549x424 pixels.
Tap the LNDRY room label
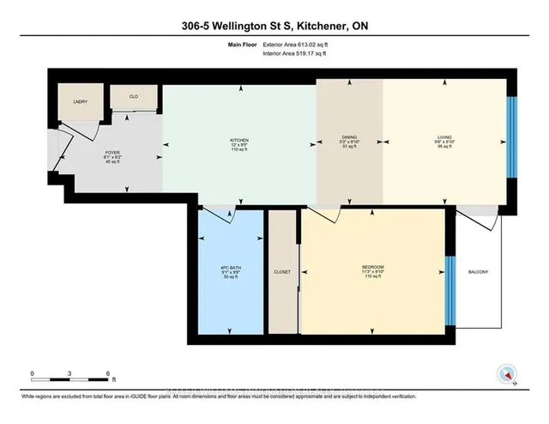tap(81, 101)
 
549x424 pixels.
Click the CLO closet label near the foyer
tap(134, 98)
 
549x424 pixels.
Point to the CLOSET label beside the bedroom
tap(281, 272)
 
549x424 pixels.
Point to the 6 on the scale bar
tap(107, 373)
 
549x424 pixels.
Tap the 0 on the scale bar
tap(31, 373)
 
